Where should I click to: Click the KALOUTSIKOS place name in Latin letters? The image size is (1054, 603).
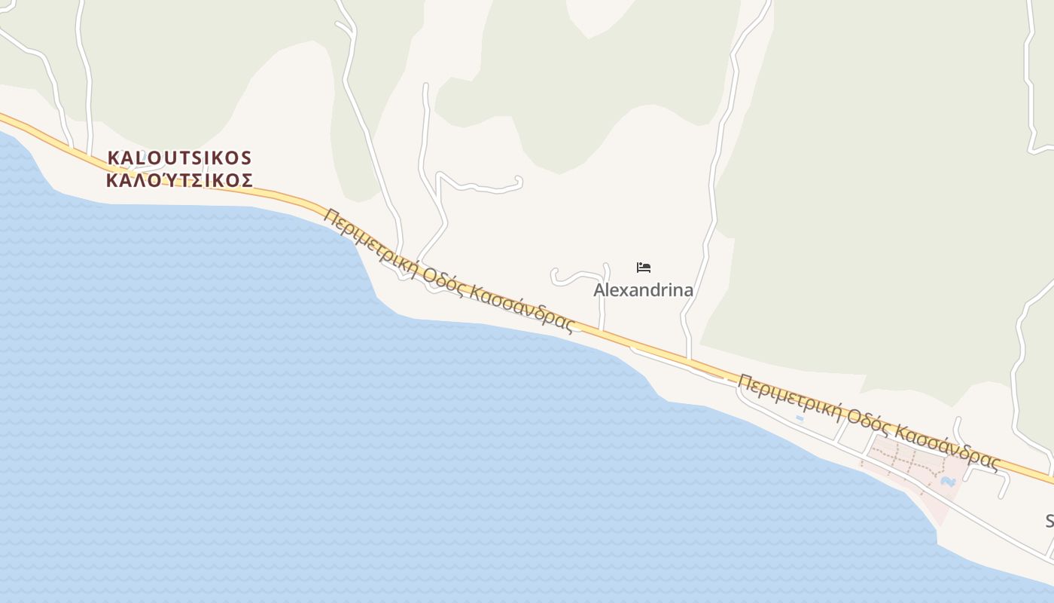point(179,158)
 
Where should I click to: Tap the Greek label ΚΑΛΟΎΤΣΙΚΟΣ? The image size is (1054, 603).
point(179,181)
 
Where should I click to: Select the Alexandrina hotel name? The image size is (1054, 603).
point(643,290)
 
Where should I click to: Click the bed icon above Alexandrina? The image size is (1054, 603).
point(643,268)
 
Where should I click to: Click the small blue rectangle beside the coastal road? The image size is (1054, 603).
point(800,418)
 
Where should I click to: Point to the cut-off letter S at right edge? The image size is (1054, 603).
point(1049,521)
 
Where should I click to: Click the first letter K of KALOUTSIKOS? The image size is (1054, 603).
point(114,158)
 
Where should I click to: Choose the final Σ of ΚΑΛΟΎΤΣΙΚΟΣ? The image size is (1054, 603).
point(245,181)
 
